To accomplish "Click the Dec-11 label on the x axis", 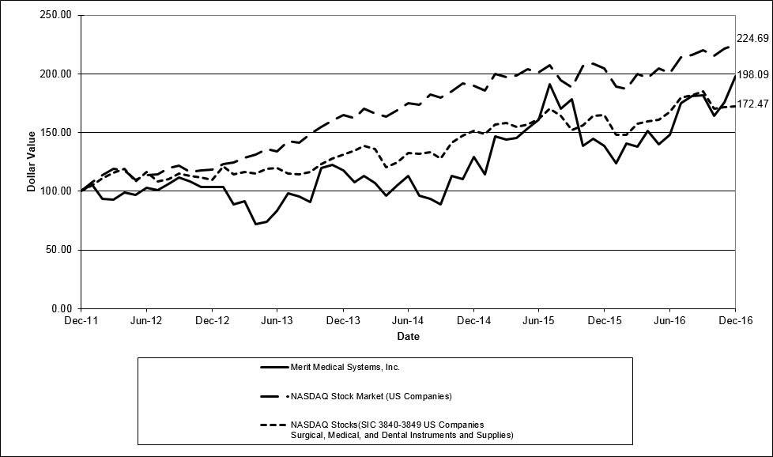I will click(81, 320).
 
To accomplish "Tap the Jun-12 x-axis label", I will click(146, 320).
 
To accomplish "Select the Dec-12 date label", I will click(212, 320).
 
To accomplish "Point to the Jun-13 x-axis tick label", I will click(277, 320).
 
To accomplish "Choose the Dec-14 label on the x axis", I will click(473, 320).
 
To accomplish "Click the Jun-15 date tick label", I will click(538, 320).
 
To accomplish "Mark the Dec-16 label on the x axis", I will click(735, 320).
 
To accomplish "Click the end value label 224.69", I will click(753, 38).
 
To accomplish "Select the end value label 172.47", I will click(753, 104).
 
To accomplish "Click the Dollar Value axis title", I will click(32, 161).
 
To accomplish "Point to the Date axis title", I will click(408, 336).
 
